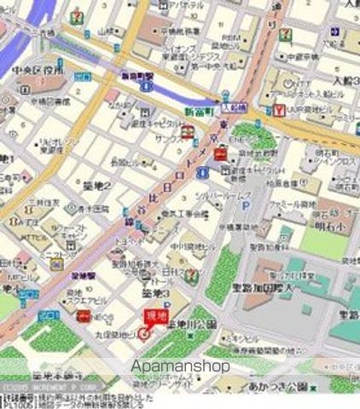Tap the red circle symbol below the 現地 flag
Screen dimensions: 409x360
(143, 333)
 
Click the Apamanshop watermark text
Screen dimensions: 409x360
(180, 366)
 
